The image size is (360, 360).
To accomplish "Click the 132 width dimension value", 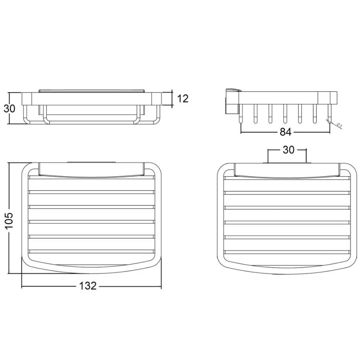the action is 88,286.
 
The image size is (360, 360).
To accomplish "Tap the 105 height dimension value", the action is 9,221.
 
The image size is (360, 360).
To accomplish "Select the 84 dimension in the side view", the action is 285,132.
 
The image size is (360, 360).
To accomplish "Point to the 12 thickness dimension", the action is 183,99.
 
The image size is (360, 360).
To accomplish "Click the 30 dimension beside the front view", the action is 9,108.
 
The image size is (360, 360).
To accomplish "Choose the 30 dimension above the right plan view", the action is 289,150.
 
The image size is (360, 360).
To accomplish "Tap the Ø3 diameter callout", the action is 340,125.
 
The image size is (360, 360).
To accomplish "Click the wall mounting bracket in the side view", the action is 232,101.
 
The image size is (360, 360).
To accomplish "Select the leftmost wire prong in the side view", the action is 241,114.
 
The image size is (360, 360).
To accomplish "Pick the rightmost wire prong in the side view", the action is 330,114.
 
